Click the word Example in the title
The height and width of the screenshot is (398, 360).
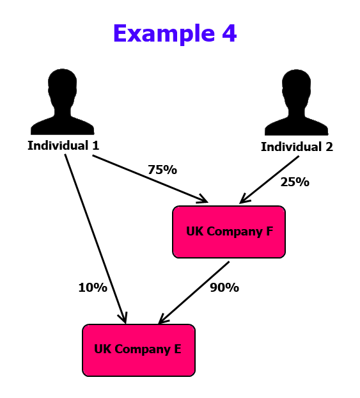tap(164, 34)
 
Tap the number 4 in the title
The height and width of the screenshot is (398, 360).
tap(230, 33)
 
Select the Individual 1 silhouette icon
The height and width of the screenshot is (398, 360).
tap(63, 102)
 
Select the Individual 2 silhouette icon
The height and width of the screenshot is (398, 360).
tap(296, 102)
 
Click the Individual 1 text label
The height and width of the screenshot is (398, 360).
tap(63, 145)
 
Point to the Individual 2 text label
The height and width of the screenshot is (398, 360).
tap(297, 147)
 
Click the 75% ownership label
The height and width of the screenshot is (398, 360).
tap(162, 170)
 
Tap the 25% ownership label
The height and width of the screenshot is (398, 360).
tap(295, 182)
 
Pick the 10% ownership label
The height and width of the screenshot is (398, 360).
tap(93, 287)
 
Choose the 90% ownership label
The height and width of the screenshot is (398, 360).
tap(224, 287)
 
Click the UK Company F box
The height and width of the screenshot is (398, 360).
tap(229, 232)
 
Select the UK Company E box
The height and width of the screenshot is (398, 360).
tap(139, 350)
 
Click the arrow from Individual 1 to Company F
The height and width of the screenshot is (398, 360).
tap(150, 179)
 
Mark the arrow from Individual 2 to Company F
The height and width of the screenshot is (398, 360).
tap(269, 180)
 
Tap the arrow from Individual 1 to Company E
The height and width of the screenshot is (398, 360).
tap(96, 239)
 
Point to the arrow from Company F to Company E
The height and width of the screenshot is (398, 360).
tap(194, 292)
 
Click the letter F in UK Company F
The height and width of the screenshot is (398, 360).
tap(269, 231)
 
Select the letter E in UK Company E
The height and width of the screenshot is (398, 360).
tap(178, 349)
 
